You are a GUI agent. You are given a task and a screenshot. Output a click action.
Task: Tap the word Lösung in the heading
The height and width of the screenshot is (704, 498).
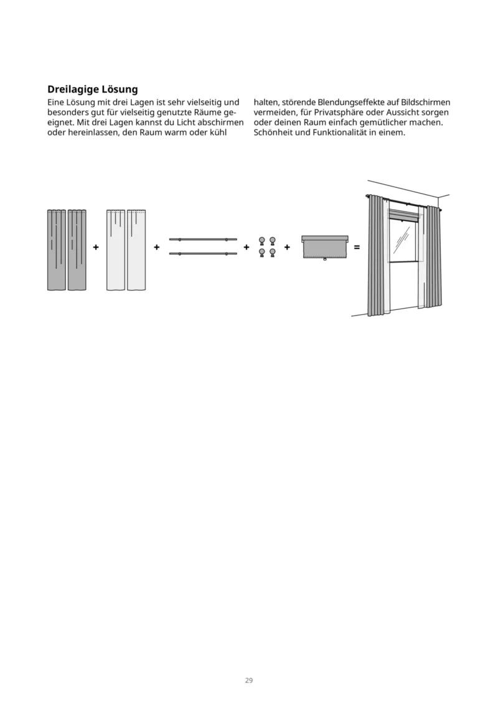[x=118, y=90]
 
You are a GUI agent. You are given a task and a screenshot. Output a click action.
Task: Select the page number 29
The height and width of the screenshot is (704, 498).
[x=248, y=680]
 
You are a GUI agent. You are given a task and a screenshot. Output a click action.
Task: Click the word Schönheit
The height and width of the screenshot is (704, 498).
[x=273, y=133]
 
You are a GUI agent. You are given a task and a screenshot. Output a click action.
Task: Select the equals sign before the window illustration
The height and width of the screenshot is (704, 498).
[x=357, y=247]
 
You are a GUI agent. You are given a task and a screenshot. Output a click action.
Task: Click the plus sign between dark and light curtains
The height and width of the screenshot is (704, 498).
[x=96, y=247]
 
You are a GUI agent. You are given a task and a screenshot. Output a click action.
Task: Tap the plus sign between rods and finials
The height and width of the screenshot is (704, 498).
[x=247, y=247]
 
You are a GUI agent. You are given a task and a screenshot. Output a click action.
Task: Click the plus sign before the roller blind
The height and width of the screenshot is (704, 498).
[x=287, y=247]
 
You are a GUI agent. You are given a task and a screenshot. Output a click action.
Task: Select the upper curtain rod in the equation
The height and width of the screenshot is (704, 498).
[x=203, y=239]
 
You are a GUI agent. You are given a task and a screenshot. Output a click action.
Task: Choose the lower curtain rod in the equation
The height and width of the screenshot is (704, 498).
[x=203, y=253]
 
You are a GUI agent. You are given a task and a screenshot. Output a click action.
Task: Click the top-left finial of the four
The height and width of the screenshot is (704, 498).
[x=262, y=241]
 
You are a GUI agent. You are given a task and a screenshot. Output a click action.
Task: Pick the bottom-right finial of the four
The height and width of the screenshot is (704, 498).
[x=272, y=252]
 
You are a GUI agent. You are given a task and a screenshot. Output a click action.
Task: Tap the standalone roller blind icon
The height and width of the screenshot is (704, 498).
[x=325, y=247]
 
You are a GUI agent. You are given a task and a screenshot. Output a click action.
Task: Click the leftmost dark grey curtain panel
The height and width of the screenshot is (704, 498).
[x=57, y=250]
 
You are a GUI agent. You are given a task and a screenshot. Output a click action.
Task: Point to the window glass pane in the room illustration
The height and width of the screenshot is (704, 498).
[x=402, y=240]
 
